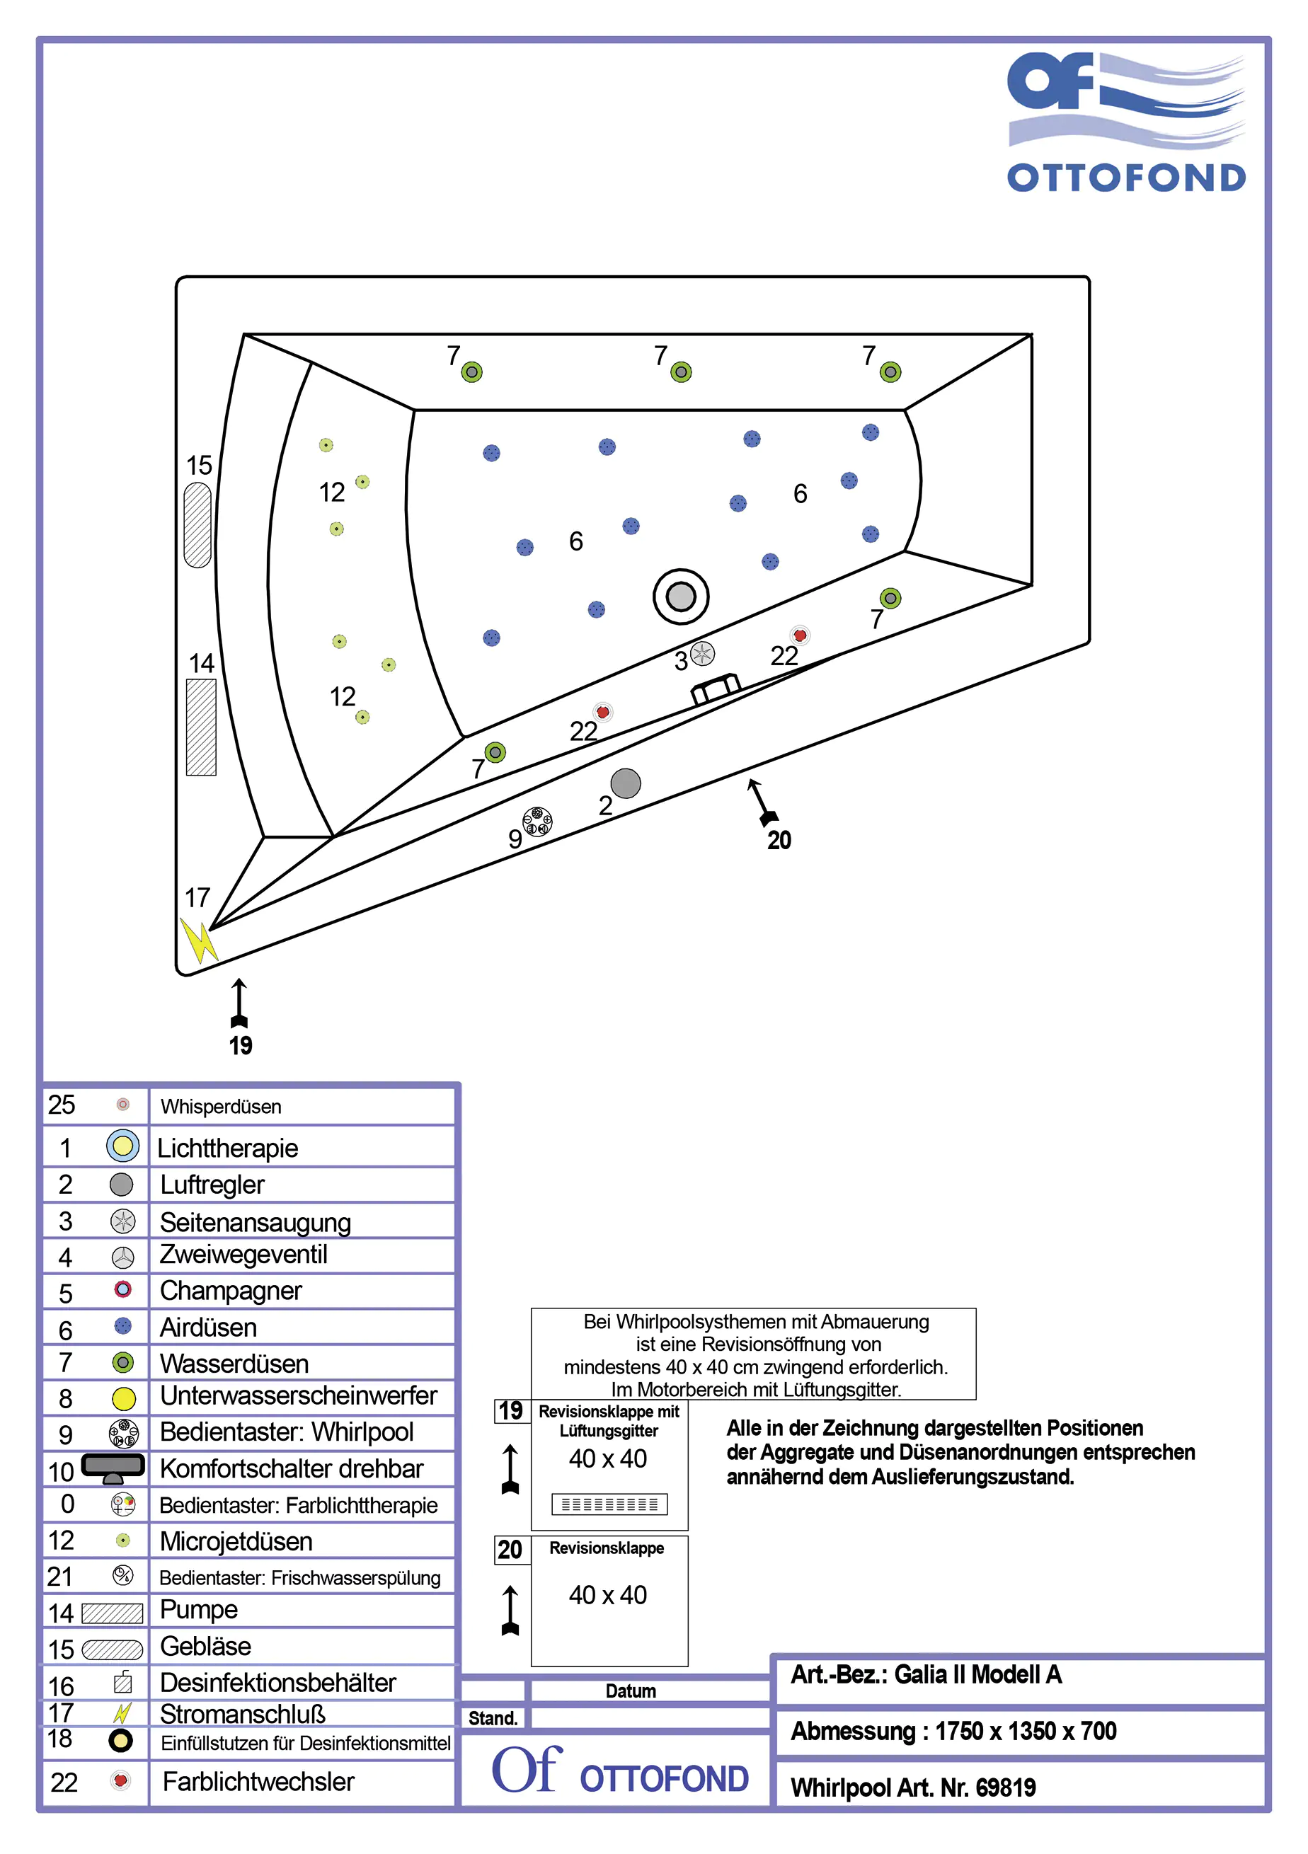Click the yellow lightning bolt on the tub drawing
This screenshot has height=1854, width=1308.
click(198, 940)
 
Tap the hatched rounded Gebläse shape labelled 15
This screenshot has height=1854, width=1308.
click(198, 525)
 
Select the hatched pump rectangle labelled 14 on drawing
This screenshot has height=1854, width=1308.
click(201, 727)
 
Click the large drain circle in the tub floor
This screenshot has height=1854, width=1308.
click(680, 597)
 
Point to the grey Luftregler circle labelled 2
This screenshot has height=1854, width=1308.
click(625, 783)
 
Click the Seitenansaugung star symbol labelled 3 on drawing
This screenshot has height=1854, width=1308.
click(702, 652)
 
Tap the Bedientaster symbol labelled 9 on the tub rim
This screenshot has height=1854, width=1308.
click(537, 822)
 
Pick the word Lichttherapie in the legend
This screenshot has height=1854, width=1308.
click(228, 1148)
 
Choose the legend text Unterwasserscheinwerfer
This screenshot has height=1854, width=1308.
click(298, 1396)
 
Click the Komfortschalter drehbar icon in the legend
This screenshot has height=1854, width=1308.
click(113, 1467)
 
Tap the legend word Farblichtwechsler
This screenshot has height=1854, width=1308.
click(258, 1781)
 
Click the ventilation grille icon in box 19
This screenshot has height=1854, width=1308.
click(609, 1504)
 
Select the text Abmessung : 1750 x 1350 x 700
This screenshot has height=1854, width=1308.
click(953, 1732)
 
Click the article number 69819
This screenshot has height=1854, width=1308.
click(1005, 1787)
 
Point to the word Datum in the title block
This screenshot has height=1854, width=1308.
click(630, 1691)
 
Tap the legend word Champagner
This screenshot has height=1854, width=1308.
click(230, 1291)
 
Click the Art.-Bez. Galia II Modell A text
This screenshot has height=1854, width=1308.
click(926, 1675)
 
